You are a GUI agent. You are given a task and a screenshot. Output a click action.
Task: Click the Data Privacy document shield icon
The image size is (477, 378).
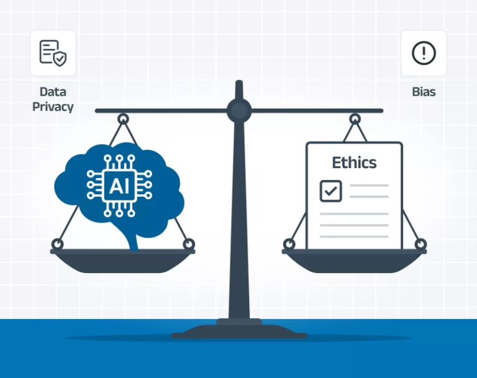[53, 53]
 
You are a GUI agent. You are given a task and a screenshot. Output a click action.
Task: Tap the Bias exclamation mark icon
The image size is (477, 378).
[424, 53]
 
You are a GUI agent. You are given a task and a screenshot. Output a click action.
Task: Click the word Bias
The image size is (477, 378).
[424, 92]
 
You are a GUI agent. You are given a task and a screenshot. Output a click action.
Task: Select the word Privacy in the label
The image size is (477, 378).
[53, 107]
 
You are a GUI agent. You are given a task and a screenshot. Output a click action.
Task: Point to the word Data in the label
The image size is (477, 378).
[53, 92]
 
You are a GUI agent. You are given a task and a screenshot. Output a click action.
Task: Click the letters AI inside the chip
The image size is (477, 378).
[119, 184]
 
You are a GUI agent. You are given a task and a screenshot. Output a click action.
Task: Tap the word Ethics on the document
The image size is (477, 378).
[354, 163]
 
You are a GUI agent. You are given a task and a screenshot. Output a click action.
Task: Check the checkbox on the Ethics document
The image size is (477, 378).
[330, 191]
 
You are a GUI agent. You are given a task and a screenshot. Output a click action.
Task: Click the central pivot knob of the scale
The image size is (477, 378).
[239, 111]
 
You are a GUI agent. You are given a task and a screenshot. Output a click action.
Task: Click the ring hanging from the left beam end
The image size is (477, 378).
[123, 118]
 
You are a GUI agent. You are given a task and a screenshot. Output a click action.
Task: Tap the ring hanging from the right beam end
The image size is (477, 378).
[355, 118]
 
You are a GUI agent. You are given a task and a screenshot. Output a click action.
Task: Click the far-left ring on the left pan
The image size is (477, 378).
[57, 244]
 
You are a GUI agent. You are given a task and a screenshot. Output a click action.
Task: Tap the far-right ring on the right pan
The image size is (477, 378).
[420, 244]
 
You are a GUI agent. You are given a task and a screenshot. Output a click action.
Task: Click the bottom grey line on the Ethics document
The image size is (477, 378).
[354, 236]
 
